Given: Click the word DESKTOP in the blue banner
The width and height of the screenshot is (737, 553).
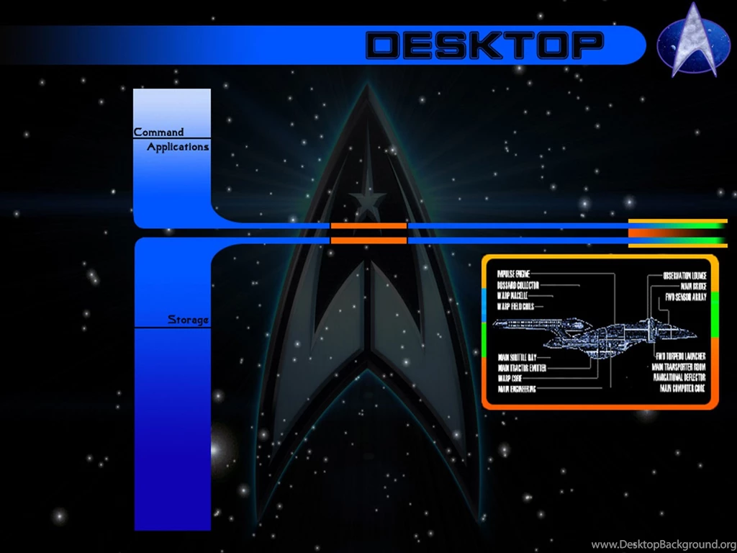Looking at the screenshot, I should (x=484, y=45).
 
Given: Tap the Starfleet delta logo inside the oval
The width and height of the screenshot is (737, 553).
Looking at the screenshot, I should (x=692, y=42).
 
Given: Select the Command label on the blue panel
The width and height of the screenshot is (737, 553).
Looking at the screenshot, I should (x=158, y=132).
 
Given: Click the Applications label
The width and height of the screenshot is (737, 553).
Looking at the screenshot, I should (x=178, y=147).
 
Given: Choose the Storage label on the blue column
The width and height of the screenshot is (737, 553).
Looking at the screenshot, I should (x=188, y=320).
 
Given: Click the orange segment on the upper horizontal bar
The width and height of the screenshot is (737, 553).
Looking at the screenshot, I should (x=368, y=226).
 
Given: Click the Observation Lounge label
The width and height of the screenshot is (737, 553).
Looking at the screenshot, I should (x=684, y=276).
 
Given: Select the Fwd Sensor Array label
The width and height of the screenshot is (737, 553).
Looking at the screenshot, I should (x=685, y=297).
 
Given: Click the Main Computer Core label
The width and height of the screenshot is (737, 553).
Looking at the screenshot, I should (x=682, y=388).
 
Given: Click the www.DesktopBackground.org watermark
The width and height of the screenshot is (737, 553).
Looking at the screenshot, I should (x=662, y=544).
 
